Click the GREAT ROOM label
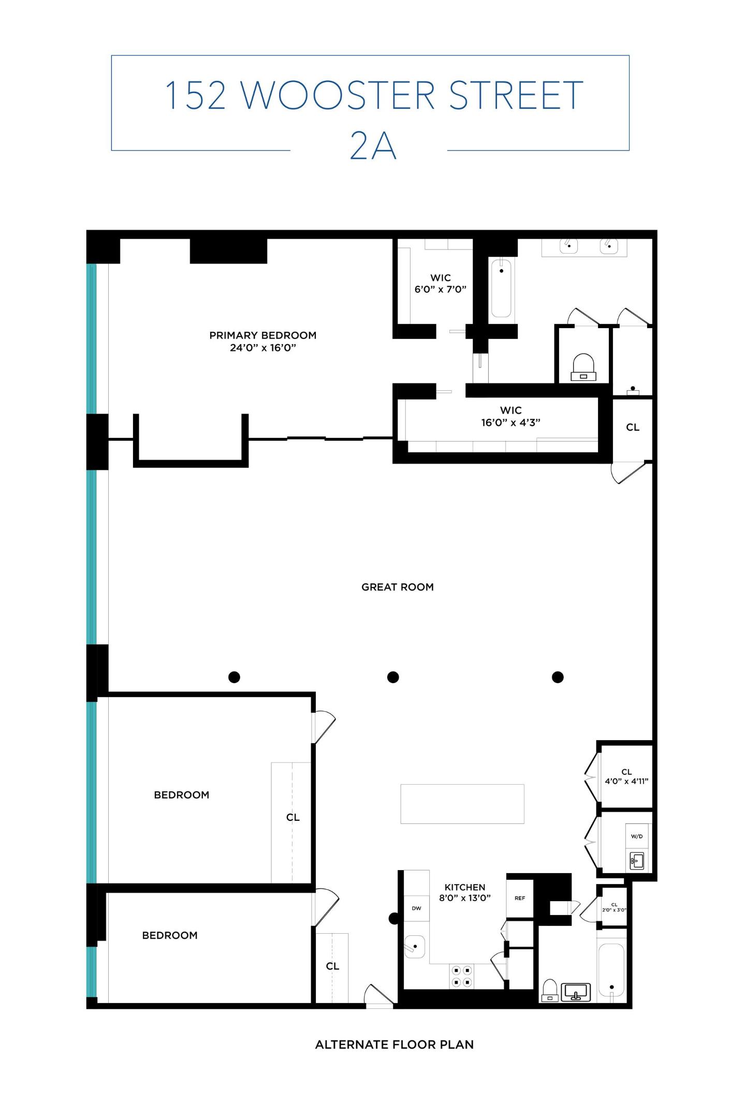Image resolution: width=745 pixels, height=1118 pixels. (397, 587)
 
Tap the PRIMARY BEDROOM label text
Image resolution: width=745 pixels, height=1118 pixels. (262, 335)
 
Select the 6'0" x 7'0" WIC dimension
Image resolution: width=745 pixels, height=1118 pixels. (440, 289)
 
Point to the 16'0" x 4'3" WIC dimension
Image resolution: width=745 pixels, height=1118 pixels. (510, 422)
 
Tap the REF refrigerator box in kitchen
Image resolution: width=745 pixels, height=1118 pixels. (520, 899)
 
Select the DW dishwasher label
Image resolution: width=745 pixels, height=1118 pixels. (416, 908)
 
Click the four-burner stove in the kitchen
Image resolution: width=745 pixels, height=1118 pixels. (461, 976)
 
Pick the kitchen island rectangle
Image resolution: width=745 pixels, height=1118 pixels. (462, 804)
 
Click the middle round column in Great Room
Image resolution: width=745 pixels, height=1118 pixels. (393, 677)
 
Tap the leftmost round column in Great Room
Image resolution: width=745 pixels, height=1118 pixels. (234, 677)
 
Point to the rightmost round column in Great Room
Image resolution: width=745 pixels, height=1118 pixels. (558, 677)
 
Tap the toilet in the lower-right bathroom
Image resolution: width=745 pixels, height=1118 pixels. (549, 990)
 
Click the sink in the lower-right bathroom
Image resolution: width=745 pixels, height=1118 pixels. (576, 992)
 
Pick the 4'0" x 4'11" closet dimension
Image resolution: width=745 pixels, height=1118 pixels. (626, 782)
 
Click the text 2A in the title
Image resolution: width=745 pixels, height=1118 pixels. (373, 146)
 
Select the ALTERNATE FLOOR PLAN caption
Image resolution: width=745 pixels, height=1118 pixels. (394, 1045)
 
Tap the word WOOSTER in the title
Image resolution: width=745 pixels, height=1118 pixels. (338, 95)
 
